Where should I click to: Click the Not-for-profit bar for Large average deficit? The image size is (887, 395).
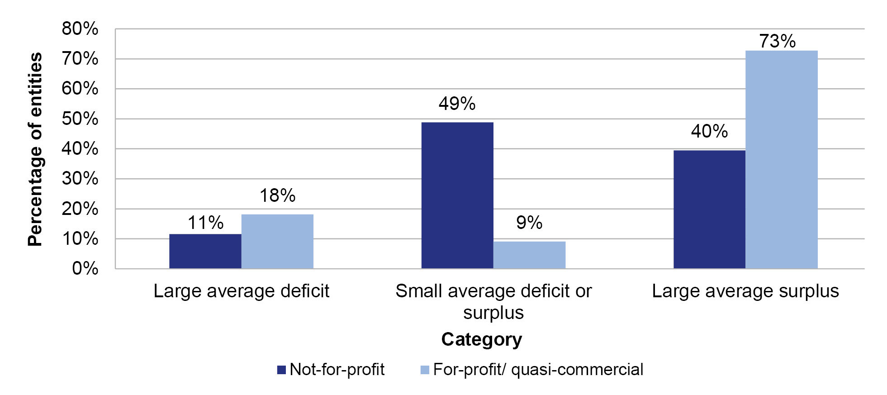coord(205,251)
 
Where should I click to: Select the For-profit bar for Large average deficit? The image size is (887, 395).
coord(277,241)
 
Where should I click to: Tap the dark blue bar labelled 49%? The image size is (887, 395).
coord(457,195)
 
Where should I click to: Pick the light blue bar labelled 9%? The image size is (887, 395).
coord(529,255)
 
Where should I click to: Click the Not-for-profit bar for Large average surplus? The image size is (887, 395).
coord(709,209)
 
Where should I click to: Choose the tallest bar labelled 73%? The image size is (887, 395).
coord(781,159)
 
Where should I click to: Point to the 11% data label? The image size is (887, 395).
coord(205,223)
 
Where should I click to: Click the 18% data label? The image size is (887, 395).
coord(277,195)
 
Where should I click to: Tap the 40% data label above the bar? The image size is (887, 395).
coord(709,131)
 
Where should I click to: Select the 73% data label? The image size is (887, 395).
coord(777,41)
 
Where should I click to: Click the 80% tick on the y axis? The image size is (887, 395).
coord(80,29)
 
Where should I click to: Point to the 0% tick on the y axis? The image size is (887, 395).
coord(85,268)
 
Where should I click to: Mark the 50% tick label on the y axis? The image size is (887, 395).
coord(80,119)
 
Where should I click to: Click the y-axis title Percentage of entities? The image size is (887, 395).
coord(35,149)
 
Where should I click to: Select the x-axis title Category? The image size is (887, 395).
coord(481,339)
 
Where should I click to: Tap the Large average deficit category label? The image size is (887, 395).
coord(241,291)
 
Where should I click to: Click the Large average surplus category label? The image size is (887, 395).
coord(745,291)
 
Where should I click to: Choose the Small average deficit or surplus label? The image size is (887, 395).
coord(493,301)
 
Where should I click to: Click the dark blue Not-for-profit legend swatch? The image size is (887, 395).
coord(281,370)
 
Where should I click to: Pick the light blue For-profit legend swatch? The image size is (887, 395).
coord(425,370)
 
